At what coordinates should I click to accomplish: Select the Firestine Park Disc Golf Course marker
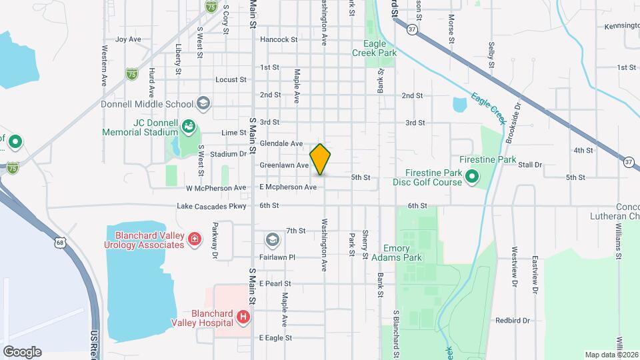pos(472,177)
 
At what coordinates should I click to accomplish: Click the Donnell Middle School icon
pos(203,104)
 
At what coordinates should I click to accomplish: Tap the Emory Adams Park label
pos(403,253)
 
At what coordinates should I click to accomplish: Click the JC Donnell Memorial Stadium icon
pos(189,127)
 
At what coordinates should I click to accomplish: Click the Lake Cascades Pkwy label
pos(211,206)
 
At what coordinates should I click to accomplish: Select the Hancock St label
pos(279,39)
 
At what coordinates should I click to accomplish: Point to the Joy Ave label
pos(128,39)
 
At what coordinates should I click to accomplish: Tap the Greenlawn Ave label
pos(284,165)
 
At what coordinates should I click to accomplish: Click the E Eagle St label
pos(275,338)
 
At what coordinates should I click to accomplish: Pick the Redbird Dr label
pos(512,321)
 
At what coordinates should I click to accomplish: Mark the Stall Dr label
pos(531,164)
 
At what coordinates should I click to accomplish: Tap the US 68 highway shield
pos(61,243)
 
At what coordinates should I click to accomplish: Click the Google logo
pos(22,352)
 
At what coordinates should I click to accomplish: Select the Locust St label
pos(231,80)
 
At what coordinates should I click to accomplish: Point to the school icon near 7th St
pos(272,239)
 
